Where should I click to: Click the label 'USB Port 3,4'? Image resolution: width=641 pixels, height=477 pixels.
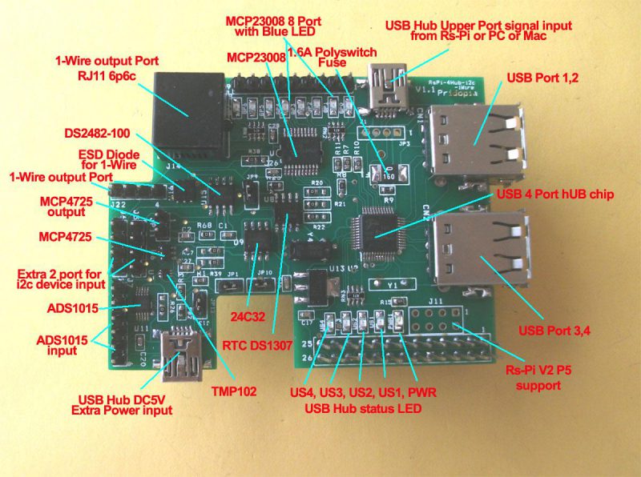[554, 330]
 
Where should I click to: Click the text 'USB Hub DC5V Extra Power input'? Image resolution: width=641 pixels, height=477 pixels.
[126, 405]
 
